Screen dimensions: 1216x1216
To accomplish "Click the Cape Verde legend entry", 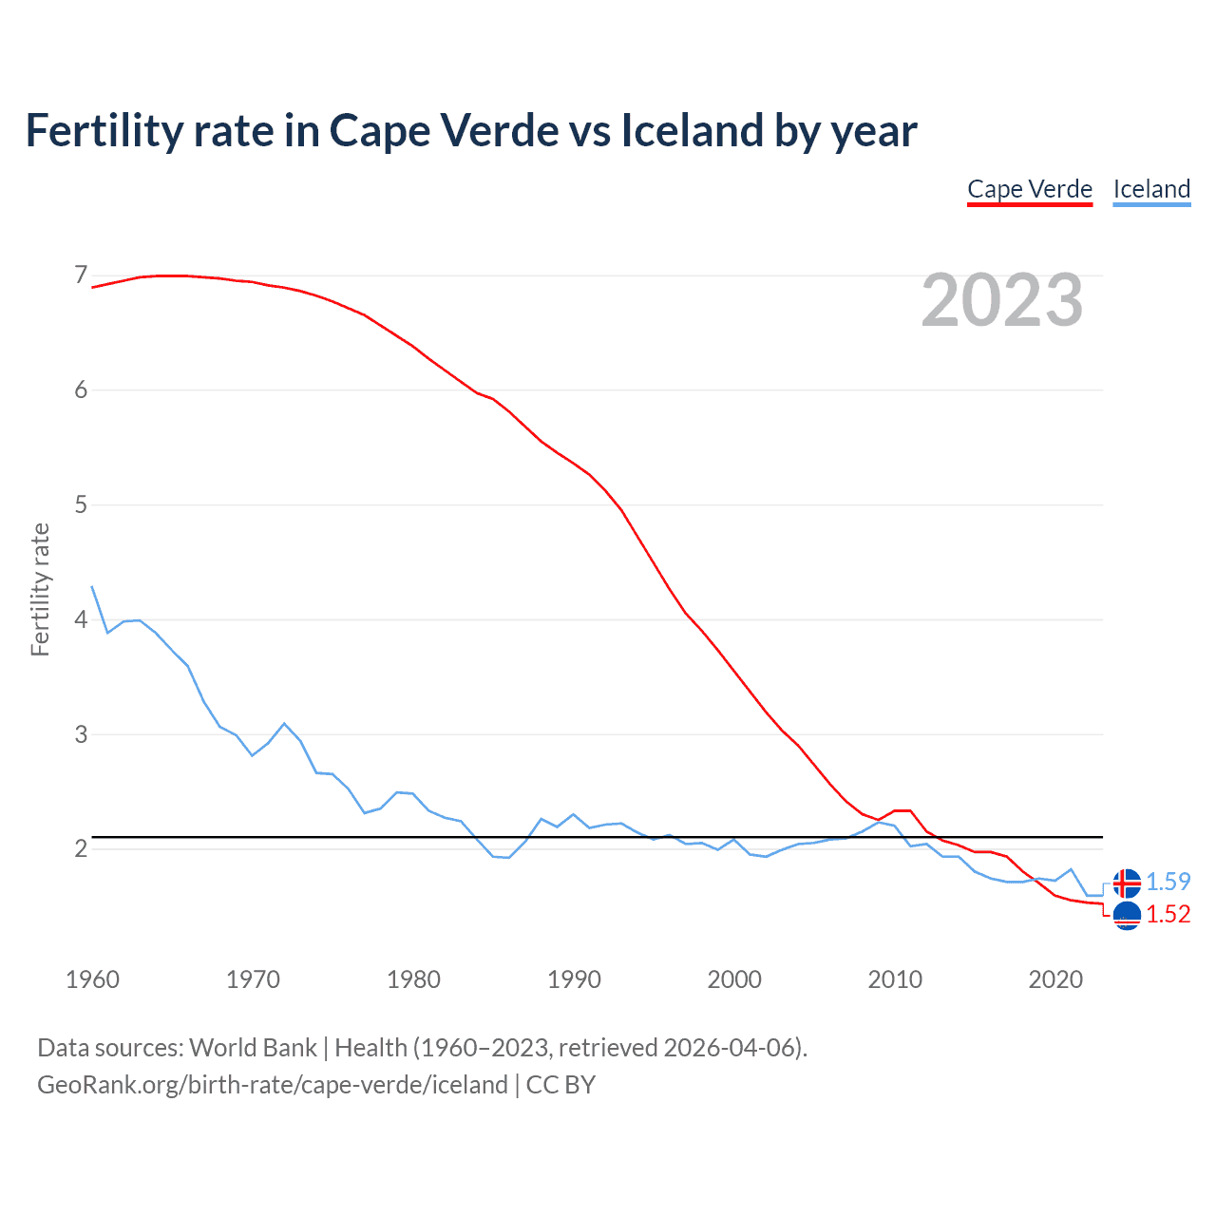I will pos(1030,189).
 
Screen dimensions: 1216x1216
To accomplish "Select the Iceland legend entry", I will pos(1151,189).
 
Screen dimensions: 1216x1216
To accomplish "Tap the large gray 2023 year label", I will pos(1002,301).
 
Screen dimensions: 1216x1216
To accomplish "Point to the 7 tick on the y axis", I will pos(81,275).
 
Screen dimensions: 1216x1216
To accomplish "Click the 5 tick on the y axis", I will pos(81,504).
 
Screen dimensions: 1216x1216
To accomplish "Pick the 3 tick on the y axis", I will pos(81,734).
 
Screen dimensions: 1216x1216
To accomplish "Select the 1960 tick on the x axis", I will pos(92,979).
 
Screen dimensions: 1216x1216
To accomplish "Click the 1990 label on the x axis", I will pos(574,979).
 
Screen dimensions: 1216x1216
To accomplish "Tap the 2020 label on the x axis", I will pos(1055,979).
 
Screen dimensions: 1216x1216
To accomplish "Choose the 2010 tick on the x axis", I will pos(895,979).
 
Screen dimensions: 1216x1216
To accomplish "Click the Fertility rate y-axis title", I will pos(40,589).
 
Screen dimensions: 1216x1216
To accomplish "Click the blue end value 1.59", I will pos(1168,882).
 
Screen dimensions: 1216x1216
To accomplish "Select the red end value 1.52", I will pos(1168,914).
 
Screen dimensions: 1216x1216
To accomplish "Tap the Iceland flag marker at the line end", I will pos(1127,883).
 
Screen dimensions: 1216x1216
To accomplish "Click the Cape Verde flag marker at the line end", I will pos(1127,916).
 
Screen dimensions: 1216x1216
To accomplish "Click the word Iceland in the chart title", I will pos(693,130).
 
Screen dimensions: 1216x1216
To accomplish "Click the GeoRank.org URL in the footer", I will pos(273,1085).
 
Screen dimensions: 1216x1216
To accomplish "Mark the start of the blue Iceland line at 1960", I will pos(92,587).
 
